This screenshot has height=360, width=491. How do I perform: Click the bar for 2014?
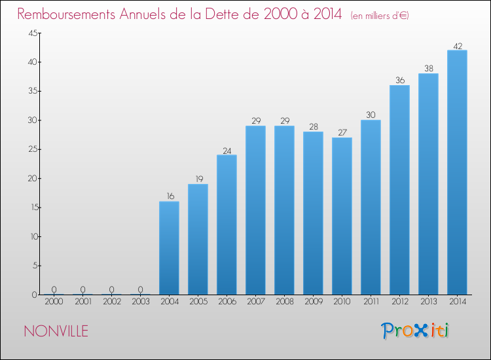click(x=457, y=172)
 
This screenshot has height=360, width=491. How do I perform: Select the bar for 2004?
click(x=169, y=248)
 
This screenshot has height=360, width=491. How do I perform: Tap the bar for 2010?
click(x=342, y=216)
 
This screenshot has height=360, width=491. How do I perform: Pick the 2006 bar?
click(x=227, y=225)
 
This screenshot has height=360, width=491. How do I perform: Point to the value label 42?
click(x=458, y=46)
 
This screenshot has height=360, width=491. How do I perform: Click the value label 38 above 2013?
click(x=429, y=68)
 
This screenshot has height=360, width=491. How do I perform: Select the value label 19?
click(x=199, y=179)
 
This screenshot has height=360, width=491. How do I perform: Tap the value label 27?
click(x=342, y=132)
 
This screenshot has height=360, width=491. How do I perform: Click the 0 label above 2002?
click(x=111, y=289)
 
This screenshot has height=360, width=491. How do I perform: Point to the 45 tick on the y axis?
click(x=33, y=33)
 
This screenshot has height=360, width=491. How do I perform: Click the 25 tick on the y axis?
click(x=33, y=149)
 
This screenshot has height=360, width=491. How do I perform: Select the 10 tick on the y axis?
click(x=34, y=237)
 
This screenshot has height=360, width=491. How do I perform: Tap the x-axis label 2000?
click(x=54, y=302)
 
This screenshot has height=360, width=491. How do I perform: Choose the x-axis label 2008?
click(x=285, y=302)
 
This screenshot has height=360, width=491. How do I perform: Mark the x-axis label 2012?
click(x=400, y=302)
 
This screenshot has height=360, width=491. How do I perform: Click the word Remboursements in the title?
click(x=66, y=14)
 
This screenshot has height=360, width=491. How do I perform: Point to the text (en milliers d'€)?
click(x=380, y=16)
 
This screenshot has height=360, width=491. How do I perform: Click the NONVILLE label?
click(x=56, y=331)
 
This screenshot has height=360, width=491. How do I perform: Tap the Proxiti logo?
click(x=415, y=331)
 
